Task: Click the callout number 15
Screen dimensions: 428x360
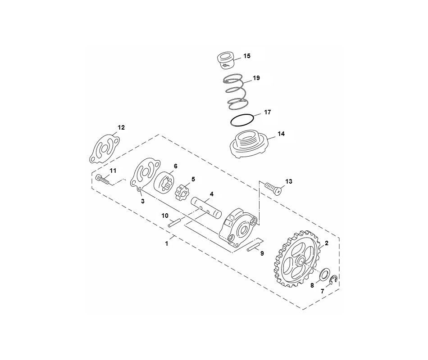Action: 247,56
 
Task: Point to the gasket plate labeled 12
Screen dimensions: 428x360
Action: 104,148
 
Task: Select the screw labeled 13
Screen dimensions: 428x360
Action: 273,188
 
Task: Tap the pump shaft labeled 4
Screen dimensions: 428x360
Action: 207,208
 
